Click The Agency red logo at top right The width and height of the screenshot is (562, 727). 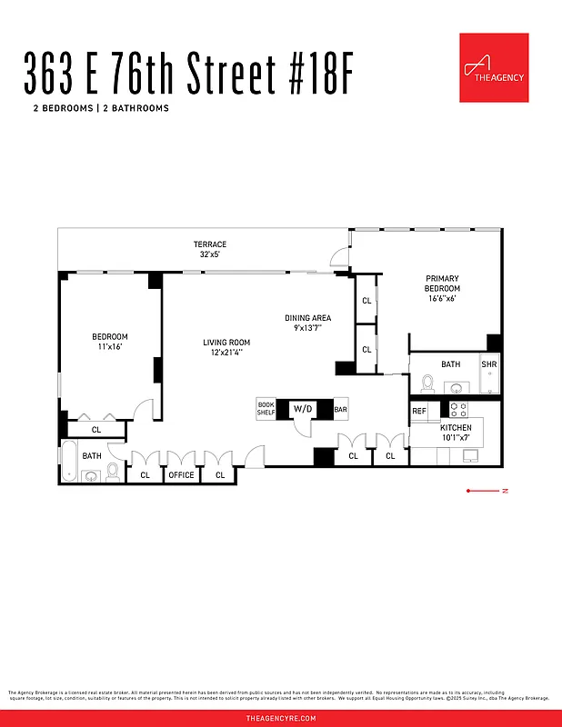(494, 67)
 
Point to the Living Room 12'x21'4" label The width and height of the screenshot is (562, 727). (226, 348)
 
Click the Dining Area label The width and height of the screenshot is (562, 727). (307, 324)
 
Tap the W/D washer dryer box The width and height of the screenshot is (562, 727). (302, 410)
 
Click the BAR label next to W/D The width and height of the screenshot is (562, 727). (340, 410)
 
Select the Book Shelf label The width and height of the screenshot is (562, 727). (266, 410)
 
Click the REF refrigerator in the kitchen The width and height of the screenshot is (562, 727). (419, 412)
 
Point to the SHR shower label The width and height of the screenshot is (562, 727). (489, 364)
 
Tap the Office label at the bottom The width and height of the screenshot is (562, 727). (181, 474)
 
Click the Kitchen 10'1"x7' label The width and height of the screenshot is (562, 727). (456, 433)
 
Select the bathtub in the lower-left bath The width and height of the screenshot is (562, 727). (70, 461)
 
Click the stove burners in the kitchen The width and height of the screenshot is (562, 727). (457, 411)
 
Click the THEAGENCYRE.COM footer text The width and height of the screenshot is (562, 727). (281, 718)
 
